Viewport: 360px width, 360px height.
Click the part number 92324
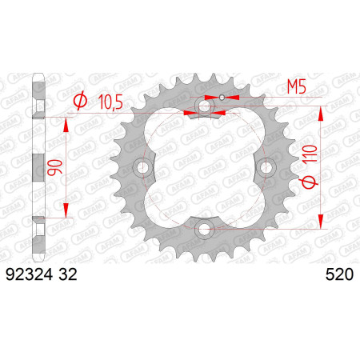click(29, 274)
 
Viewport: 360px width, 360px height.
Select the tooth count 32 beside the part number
click(68, 274)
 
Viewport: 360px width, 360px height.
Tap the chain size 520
click(339, 274)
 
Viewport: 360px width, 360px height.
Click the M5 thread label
click(296, 87)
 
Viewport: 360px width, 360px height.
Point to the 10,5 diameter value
click(110, 102)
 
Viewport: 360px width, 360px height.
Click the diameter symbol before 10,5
click(80, 101)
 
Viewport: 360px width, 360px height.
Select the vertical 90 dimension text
click(54, 167)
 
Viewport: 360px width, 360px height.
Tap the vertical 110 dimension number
click(310, 154)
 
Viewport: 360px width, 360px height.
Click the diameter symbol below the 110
click(310, 182)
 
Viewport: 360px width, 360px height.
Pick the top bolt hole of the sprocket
click(205, 106)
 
